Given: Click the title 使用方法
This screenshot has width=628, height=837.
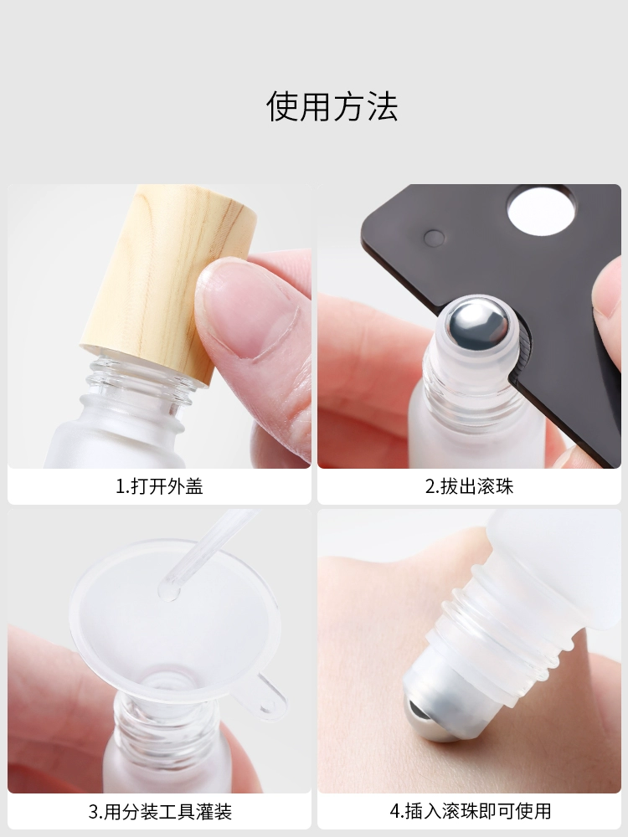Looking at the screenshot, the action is (x=332, y=106).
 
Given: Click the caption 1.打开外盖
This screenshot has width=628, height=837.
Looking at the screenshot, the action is (x=159, y=486).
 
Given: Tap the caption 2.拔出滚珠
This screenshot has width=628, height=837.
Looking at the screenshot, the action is (x=469, y=486).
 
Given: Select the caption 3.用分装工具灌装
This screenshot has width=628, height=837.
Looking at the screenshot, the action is (x=160, y=811).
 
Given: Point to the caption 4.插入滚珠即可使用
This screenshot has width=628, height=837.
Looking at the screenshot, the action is (x=470, y=811).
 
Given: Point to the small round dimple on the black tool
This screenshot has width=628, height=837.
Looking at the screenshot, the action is (x=434, y=238).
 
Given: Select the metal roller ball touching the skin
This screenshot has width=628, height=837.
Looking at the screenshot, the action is (x=427, y=721).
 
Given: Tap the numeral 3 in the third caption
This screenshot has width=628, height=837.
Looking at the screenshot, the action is (x=94, y=812).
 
